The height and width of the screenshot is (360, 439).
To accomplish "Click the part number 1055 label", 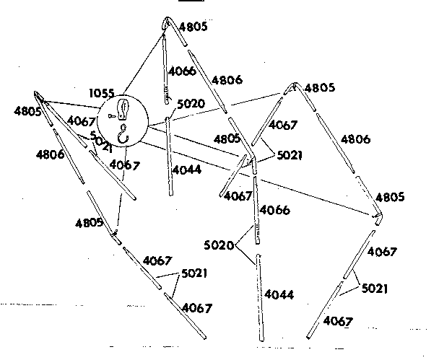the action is pyautogui.click(x=102, y=93).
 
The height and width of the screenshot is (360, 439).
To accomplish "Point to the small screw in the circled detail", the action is pyautogui.click(x=111, y=116).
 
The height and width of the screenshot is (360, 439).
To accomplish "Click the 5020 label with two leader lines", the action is pyautogui.click(x=219, y=245).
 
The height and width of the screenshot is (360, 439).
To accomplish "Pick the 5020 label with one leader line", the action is pyautogui.click(x=191, y=104).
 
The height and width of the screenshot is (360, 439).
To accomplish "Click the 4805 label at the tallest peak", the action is pyautogui.click(x=194, y=27).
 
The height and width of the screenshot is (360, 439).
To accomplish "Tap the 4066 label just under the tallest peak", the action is pyautogui.click(x=182, y=71).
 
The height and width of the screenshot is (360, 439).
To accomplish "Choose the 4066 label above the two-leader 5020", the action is pyautogui.click(x=274, y=210).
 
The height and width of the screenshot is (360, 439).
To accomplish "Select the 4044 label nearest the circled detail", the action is pyautogui.click(x=187, y=170).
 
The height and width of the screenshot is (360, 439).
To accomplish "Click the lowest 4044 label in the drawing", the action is pyautogui.click(x=279, y=294).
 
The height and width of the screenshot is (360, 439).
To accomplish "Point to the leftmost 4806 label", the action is pyautogui.click(x=50, y=154).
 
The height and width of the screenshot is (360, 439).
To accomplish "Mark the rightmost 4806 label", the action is pyautogui.click(x=355, y=139).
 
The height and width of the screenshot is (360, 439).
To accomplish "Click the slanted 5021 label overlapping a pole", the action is pyautogui.click(x=101, y=141).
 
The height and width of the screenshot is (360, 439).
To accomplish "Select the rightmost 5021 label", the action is pyautogui.click(x=375, y=289).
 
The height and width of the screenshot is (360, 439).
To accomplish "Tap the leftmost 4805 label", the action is pyautogui.click(x=27, y=112).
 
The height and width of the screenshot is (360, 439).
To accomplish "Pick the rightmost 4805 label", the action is pyautogui.click(x=390, y=197).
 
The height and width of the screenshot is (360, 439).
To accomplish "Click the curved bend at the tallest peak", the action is pyautogui.click(x=168, y=20).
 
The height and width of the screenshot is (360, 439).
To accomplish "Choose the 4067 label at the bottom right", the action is pyautogui.click(x=338, y=321).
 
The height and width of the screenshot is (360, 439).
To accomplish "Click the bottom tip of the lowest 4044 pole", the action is pyautogui.click(x=262, y=340).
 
